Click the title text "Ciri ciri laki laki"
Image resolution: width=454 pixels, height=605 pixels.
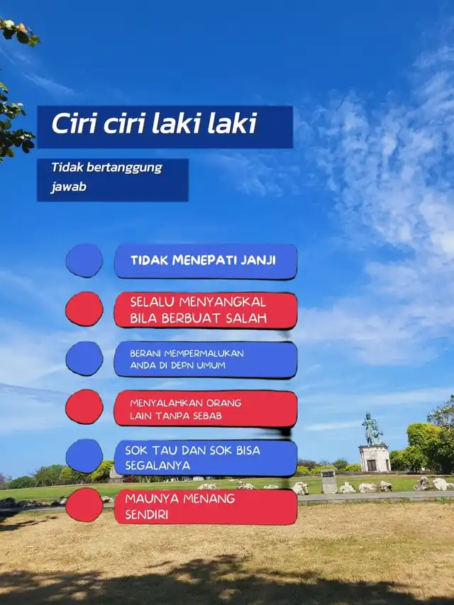pos(155,124)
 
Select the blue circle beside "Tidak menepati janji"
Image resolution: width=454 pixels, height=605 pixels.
pos(84,260)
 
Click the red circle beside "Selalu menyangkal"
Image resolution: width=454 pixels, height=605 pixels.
pos(84,309)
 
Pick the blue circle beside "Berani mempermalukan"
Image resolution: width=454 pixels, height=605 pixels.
pos(84,358)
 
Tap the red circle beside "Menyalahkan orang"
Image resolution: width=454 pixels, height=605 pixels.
pos(84,406)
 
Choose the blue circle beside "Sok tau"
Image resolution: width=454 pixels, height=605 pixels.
pos(84,456)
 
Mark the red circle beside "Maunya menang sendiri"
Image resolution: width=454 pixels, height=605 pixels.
pos(84,505)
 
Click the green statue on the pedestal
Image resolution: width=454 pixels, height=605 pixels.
pos(372,428)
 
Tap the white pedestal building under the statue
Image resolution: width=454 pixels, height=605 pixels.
pos(375,458)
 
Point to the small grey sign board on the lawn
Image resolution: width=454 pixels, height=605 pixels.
pos(329,482)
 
